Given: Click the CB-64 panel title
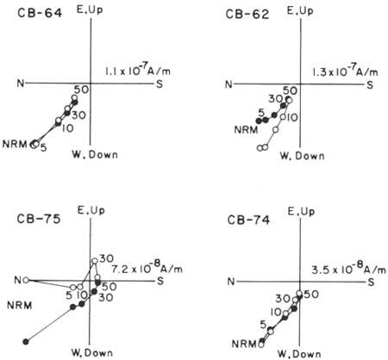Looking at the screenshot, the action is coord(40,14).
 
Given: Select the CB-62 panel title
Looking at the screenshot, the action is coord(247,14).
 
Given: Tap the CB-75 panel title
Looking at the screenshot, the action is coord(39,219).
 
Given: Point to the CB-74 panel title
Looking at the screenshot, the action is coord(248,220).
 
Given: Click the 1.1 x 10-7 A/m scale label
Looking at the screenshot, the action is coord(138,71).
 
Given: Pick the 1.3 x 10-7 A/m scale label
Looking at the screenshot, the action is coord(345,71).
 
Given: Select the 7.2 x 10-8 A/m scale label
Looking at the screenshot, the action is coord(147,269).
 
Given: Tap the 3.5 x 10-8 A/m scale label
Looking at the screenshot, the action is coord(348,270).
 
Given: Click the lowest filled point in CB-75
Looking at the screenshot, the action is coord(26,342).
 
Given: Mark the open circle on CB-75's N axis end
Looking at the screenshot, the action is coord(26,280).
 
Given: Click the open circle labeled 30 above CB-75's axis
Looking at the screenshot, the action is coord(95,261).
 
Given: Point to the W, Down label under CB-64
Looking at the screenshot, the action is coord(95,155).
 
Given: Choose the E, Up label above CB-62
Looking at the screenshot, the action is coord(300,11).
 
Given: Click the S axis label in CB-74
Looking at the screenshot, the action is coord(371,282).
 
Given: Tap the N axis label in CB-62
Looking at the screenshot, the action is coord(228,84).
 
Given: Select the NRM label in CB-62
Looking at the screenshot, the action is coord(246,130).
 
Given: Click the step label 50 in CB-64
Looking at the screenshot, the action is coord(81,90).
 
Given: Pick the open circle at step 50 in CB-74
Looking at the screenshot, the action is coord(299,294).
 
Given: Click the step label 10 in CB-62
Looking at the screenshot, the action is coord(292,117).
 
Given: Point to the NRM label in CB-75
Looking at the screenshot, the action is coord(20,306).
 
